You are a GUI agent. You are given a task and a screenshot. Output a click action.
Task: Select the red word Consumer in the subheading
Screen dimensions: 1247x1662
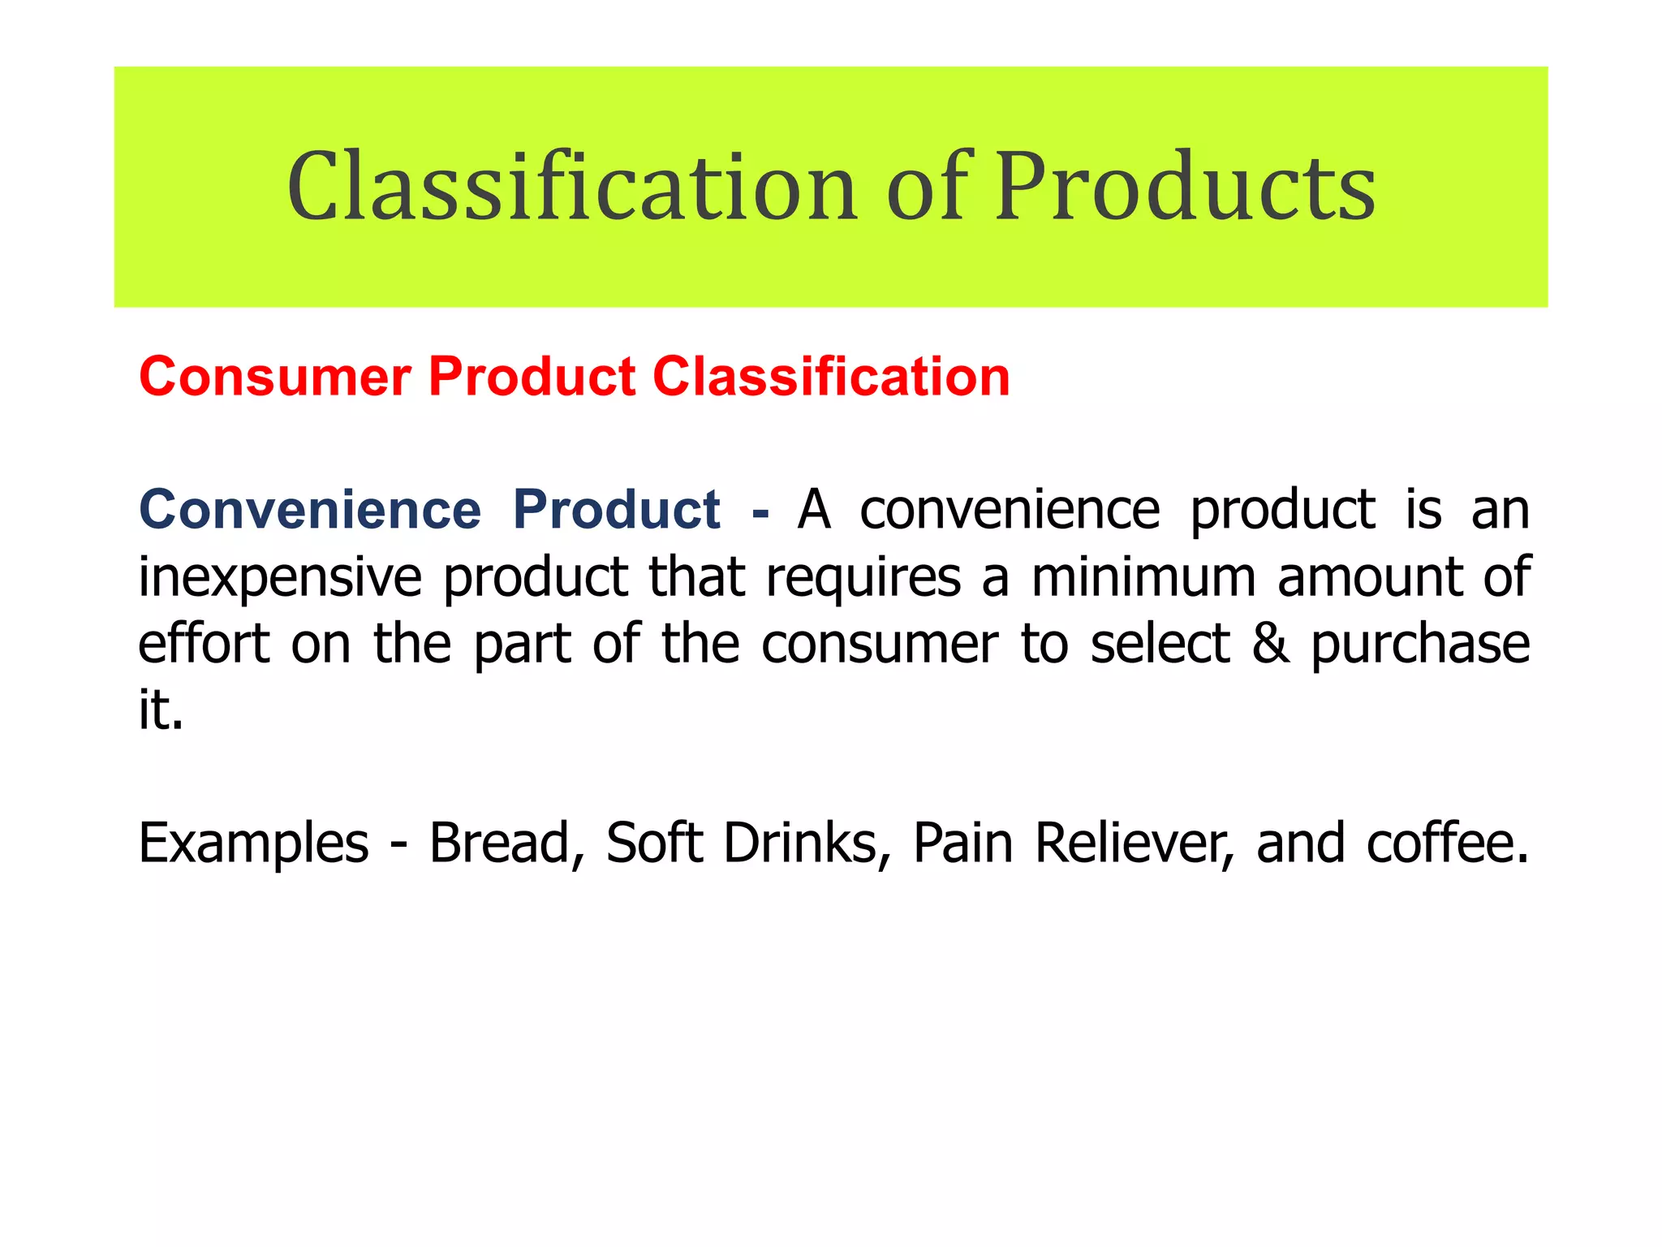[275, 377]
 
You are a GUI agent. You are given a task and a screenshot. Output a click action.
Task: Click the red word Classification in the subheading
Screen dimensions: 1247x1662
[831, 377]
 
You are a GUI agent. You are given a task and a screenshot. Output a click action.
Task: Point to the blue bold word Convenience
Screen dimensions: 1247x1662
[310, 510]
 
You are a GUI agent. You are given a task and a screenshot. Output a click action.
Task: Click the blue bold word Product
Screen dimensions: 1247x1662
[617, 510]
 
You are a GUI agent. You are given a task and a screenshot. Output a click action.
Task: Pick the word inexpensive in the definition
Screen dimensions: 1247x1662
[280, 577]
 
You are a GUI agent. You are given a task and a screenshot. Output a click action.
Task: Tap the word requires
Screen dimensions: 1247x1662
[863, 577]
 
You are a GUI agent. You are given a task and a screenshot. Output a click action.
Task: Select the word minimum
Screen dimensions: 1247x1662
[1143, 577]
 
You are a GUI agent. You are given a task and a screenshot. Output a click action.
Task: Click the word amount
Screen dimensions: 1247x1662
[1368, 577]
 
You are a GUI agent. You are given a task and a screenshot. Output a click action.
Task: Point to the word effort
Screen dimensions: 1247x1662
[204, 644]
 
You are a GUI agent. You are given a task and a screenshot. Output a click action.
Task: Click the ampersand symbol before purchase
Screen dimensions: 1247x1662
[1271, 644]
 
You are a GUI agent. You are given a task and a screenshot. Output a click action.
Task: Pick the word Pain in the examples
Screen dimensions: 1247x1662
[962, 843]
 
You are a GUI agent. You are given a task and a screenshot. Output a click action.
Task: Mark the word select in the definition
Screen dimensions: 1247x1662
[1160, 644]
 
